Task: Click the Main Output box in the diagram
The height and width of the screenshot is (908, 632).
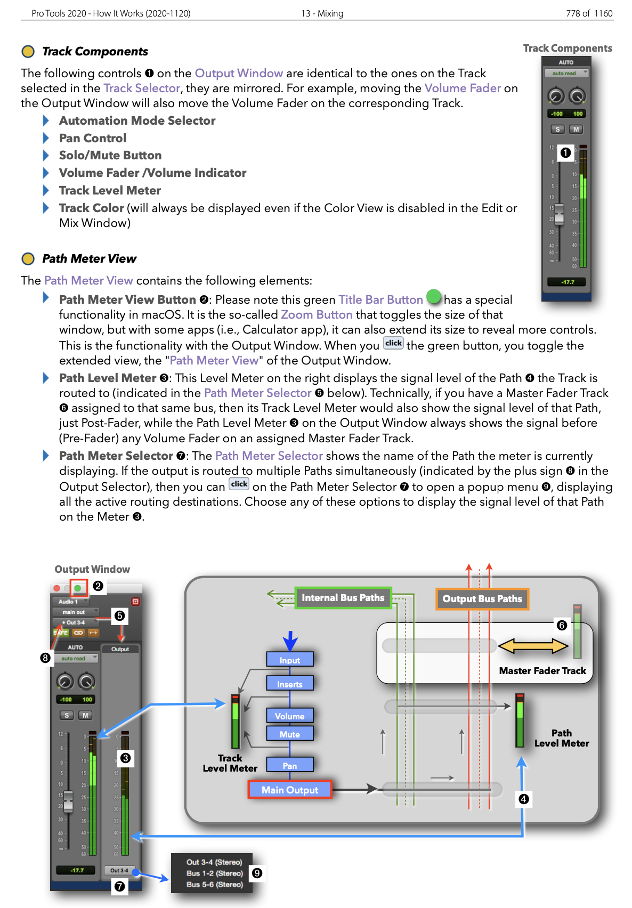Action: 289,790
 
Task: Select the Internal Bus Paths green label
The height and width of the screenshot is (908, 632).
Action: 343,598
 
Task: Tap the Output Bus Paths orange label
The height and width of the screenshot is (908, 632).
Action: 482,599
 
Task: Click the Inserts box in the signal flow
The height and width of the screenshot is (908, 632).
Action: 289,684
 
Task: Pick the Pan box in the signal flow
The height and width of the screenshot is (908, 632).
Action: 289,766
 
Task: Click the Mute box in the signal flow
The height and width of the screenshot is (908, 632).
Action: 289,734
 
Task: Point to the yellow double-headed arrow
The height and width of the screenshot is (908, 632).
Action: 533,646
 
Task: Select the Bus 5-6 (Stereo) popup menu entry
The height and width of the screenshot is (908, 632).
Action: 214,885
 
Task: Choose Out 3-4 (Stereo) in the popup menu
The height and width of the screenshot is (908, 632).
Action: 214,862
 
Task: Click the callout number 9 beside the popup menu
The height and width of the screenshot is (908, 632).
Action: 257,873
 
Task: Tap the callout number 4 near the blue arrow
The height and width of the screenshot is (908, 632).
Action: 523,799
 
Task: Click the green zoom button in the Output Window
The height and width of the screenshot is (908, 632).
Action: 78,588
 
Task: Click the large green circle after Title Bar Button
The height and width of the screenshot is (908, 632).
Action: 434,296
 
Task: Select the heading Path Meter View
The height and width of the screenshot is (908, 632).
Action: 89,259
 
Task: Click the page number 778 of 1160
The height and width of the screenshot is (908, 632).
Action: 589,13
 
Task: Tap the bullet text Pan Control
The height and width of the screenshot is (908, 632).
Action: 93,139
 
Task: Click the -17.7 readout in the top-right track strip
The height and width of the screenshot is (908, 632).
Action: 568,282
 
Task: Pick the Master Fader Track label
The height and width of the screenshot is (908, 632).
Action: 542,671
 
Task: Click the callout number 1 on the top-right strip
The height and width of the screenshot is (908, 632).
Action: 565,153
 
